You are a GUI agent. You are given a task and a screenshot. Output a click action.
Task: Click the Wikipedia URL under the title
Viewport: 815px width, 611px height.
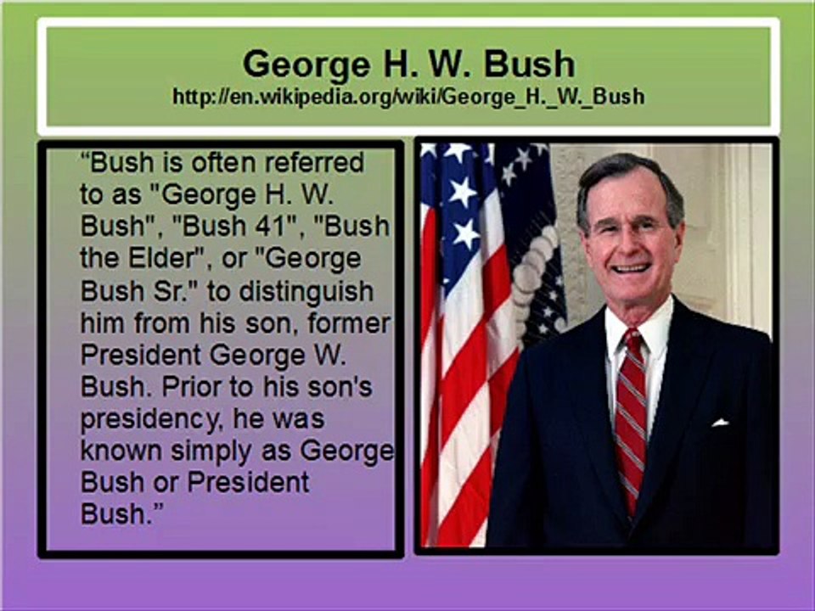point(408,97)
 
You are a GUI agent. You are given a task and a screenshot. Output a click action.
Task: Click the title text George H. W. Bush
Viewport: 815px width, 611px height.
point(408,64)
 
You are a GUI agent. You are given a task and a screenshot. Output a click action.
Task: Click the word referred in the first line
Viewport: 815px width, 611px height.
point(314,163)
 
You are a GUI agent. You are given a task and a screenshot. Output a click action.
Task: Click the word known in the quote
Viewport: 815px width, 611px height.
point(121,451)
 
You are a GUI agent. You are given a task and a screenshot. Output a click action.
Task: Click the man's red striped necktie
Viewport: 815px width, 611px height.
point(631,416)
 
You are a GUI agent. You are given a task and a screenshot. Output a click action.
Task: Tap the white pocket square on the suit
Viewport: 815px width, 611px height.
point(720,423)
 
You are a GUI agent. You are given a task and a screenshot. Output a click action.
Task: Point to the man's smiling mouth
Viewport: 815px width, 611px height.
point(631,268)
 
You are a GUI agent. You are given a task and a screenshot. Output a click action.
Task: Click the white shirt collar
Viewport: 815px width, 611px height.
point(638,333)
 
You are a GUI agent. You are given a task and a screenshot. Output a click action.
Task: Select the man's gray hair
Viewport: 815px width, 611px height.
point(629,179)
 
